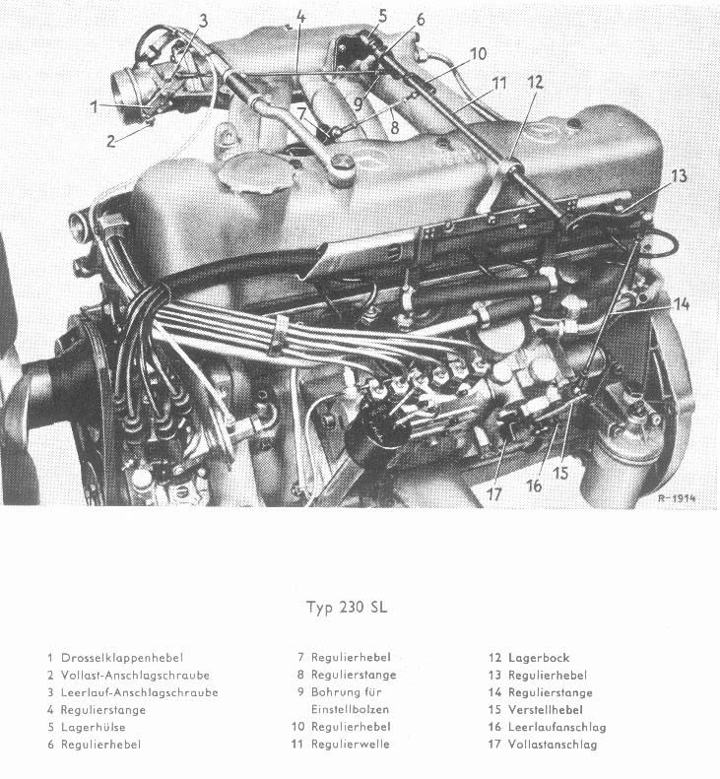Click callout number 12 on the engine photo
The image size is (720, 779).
(x=534, y=83)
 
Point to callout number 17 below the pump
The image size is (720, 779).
(x=494, y=492)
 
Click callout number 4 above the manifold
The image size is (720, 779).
(x=300, y=17)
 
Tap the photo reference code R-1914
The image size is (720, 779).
(x=677, y=498)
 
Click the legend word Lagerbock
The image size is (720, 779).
(x=539, y=657)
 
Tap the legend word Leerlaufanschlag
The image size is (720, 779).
(x=556, y=727)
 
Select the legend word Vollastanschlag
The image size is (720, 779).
(x=553, y=745)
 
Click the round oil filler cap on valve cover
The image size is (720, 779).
(x=252, y=176)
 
